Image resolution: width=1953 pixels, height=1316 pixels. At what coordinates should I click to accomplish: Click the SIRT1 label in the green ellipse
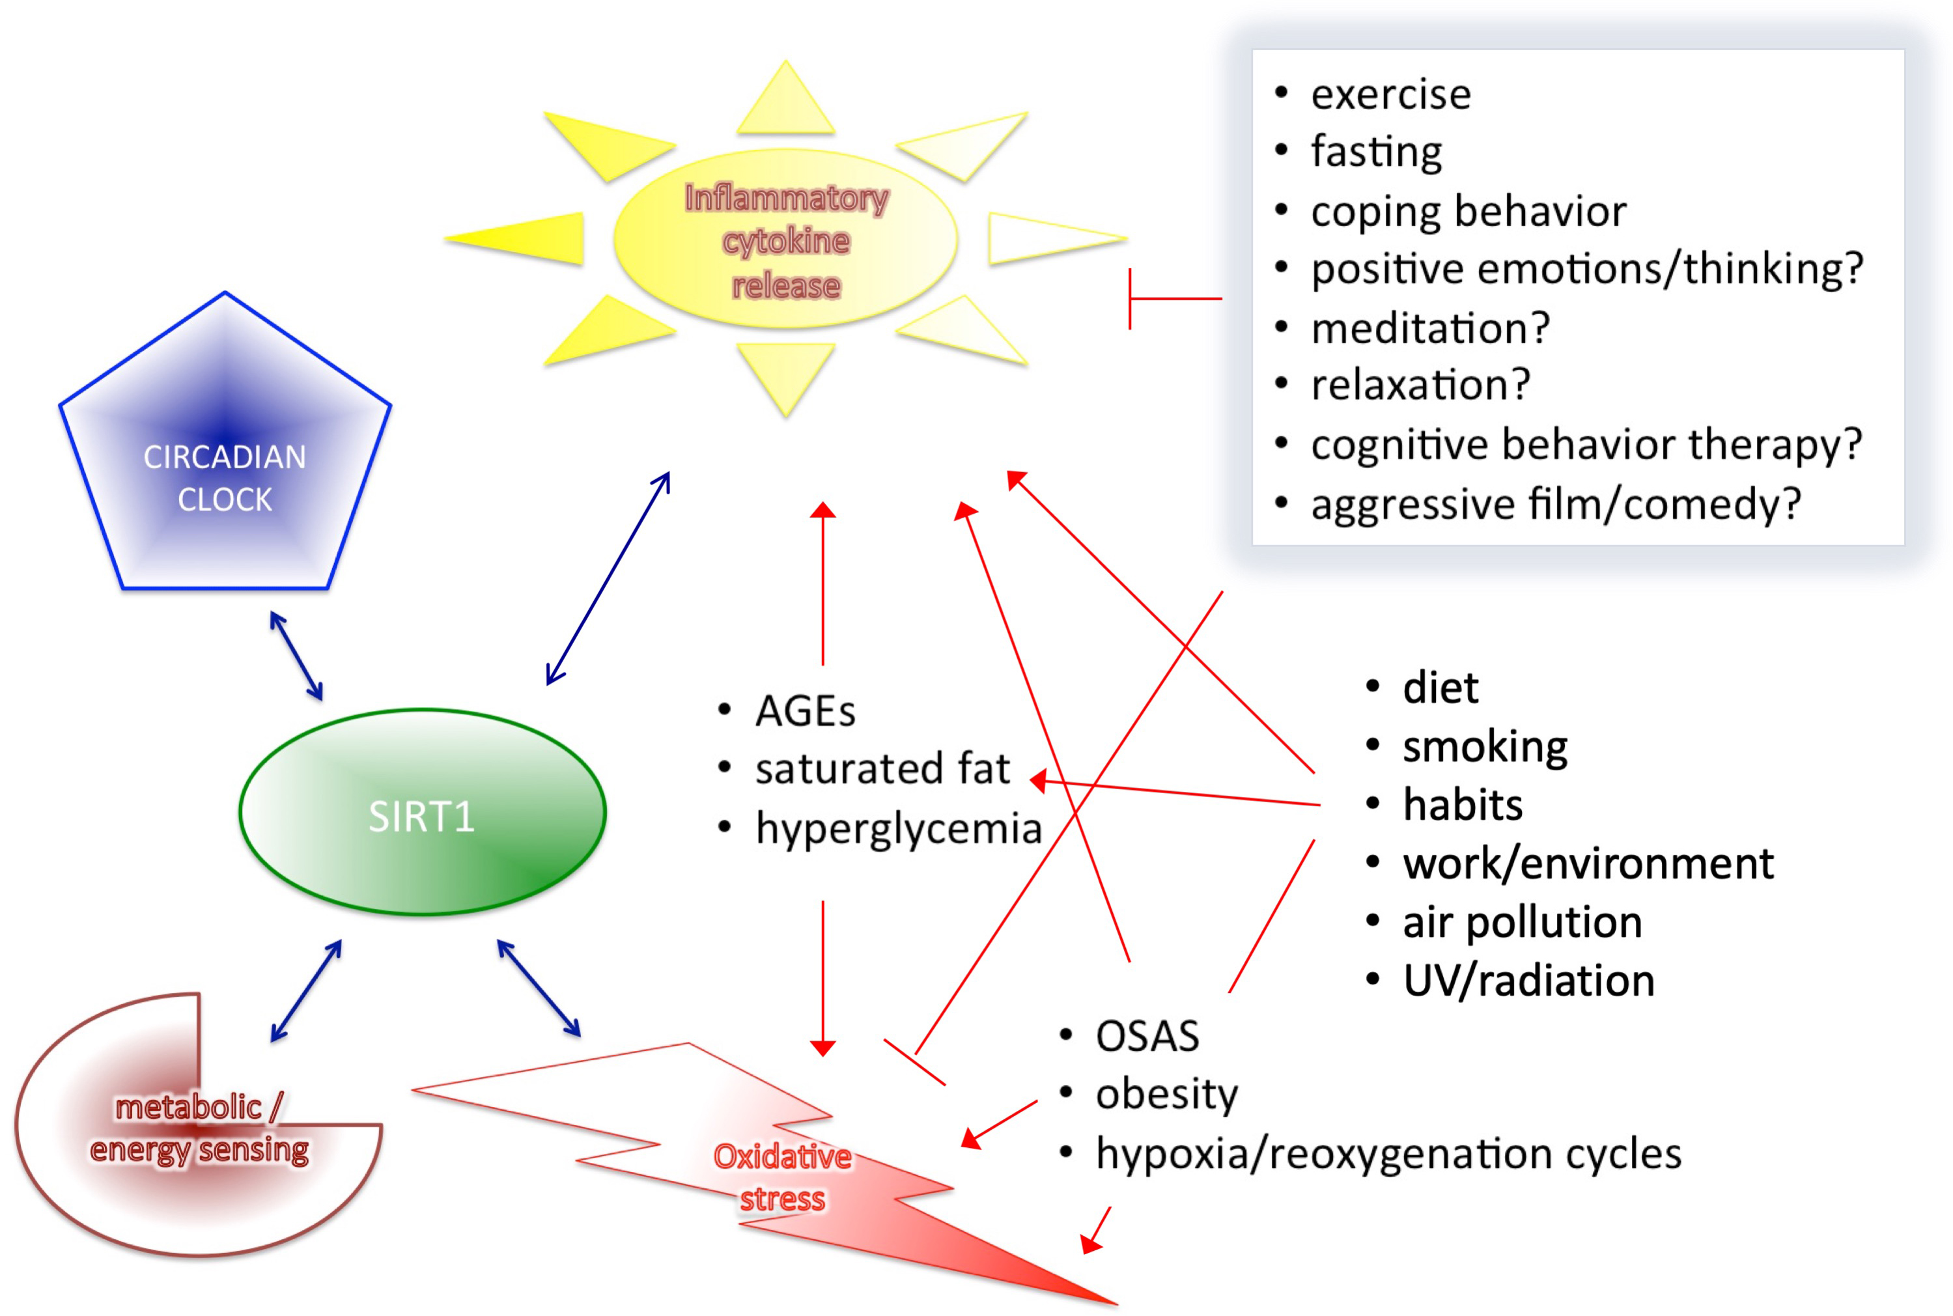pos(421,816)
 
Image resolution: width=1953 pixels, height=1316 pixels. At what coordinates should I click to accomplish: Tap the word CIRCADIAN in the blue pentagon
pos(225,457)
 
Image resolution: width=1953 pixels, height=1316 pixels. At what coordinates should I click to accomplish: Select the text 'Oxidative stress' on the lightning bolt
pos(782,1177)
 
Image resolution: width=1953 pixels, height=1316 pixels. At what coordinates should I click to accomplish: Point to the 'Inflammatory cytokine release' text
pos(785,242)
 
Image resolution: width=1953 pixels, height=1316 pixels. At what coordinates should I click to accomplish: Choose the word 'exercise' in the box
pos(1391,94)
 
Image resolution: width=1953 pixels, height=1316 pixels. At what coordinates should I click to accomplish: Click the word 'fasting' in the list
pos(1377,152)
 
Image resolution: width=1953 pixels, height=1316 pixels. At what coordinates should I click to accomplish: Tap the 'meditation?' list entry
pos(1430,328)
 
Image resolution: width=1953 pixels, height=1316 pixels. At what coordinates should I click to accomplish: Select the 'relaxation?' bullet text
pos(1420,385)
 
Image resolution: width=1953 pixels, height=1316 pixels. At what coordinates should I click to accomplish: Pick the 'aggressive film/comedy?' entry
pos(1555,503)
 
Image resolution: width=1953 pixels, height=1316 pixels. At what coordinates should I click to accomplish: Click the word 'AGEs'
pos(805,711)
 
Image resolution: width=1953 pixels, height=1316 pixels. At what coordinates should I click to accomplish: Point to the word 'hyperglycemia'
pos(898,829)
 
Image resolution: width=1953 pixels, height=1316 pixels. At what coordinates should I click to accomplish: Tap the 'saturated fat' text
pos(882,769)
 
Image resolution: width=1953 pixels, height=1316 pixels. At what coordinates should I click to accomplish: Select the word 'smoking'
pos(1485,747)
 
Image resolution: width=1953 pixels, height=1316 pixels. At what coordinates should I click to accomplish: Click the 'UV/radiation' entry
pos(1528,980)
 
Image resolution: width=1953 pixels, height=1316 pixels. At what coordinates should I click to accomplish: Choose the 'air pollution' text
pos(1522,921)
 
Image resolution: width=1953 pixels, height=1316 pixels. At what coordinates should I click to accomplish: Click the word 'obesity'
pos(1166,1095)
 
